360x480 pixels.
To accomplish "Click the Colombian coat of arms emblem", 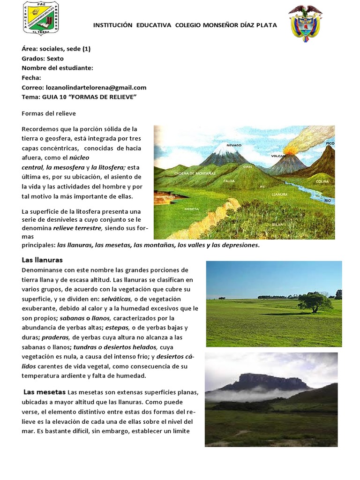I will [305, 22].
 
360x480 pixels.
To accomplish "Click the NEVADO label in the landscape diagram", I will [234, 145].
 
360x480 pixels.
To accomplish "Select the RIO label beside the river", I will [328, 201].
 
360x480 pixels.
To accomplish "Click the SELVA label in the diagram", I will [277, 225].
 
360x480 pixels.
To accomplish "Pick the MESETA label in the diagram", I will [191, 209].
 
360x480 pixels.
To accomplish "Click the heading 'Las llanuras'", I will [42, 260].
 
